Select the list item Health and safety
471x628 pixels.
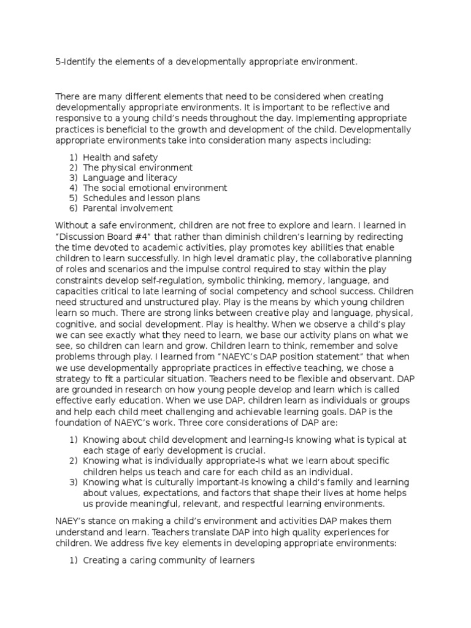click(x=120, y=158)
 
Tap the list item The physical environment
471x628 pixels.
click(x=137, y=167)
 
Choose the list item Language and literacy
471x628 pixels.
click(x=130, y=178)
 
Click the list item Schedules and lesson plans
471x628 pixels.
click(x=141, y=198)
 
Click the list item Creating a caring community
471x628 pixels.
click(x=168, y=561)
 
